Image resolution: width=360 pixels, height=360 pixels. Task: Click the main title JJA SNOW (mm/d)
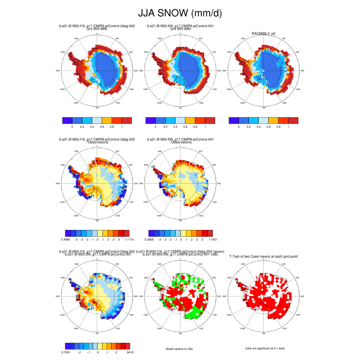[x=180, y=14]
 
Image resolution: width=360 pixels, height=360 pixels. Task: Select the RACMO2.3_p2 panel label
[x=263, y=33]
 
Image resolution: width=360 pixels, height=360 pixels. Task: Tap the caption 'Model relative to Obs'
[x=180, y=348]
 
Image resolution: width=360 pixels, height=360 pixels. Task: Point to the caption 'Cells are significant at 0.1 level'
[x=263, y=348]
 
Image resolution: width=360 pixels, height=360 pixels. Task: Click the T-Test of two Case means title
[x=263, y=256]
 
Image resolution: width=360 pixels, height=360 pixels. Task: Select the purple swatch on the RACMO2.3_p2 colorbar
[x=234, y=121]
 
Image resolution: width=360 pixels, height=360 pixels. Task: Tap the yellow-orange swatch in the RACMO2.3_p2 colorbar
[x=273, y=121]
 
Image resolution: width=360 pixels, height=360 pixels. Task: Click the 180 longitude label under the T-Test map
[x=263, y=333]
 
